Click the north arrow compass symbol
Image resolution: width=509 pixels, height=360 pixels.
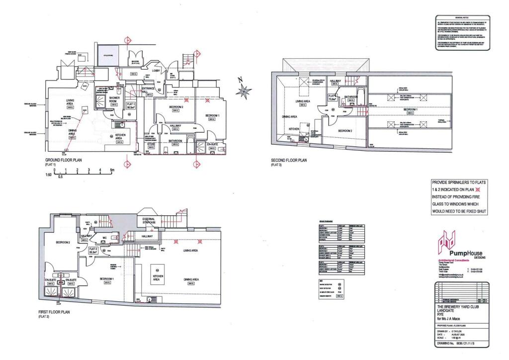[x=244, y=90]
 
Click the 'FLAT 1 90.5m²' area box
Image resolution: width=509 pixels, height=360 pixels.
[x=132, y=105]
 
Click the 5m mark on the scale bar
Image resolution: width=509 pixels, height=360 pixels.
[x=112, y=171]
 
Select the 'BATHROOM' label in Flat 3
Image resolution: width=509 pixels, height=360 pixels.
[x=352, y=97]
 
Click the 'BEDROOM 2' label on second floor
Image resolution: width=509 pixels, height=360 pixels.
[x=345, y=130]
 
